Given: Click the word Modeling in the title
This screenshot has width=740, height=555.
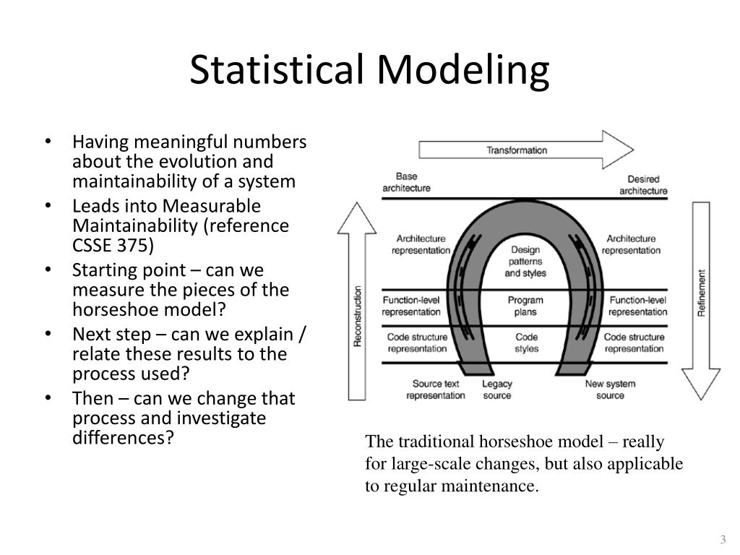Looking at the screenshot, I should pyautogui.click(x=462, y=71).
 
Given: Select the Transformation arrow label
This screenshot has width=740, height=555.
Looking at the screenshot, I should pyautogui.click(x=517, y=150).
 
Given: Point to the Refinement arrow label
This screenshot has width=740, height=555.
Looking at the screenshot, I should pyautogui.click(x=701, y=293).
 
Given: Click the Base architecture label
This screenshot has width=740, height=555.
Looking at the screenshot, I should pyautogui.click(x=406, y=182).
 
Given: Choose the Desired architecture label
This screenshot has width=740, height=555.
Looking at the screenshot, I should pyautogui.click(x=643, y=185).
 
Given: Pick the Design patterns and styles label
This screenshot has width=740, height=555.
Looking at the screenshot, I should pyautogui.click(x=525, y=262).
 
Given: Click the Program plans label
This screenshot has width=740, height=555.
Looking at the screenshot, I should pyautogui.click(x=525, y=306).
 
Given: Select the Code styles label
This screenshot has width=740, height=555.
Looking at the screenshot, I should pyautogui.click(x=526, y=343).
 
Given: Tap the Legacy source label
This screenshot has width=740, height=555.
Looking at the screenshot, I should pyautogui.click(x=496, y=390).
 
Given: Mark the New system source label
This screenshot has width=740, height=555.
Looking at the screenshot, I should pyautogui.click(x=610, y=390).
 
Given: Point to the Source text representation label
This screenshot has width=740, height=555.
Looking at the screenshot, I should pyautogui.click(x=436, y=390).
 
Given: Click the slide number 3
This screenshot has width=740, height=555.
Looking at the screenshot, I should pyautogui.click(x=722, y=540).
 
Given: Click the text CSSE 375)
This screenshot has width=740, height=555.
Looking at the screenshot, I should pyautogui.click(x=113, y=245).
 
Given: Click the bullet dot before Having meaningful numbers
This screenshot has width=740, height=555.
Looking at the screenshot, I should pyautogui.click(x=47, y=142).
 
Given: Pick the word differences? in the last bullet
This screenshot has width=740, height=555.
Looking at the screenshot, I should pyautogui.click(x=124, y=438).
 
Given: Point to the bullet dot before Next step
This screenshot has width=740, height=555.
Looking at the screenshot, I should pyautogui.click(x=47, y=335).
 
